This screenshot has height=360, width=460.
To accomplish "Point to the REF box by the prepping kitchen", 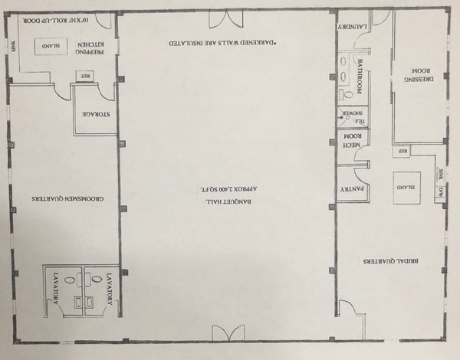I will (86, 75).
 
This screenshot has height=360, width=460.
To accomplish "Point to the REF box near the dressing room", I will (402, 152).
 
